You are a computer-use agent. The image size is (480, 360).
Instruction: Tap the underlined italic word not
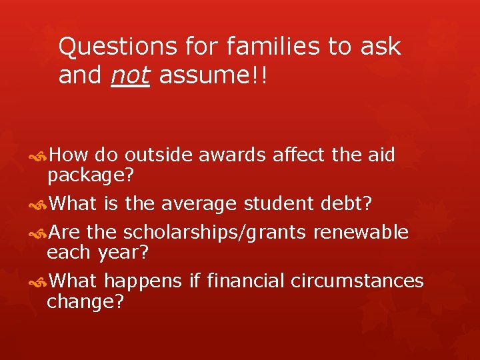pyautogui.click(x=131, y=76)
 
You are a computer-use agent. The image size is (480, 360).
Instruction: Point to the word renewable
pyautogui.click(x=361, y=232)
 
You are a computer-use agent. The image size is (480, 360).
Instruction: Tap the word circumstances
pyautogui.click(x=357, y=281)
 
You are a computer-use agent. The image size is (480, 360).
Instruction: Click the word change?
pyautogui.click(x=85, y=303)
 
